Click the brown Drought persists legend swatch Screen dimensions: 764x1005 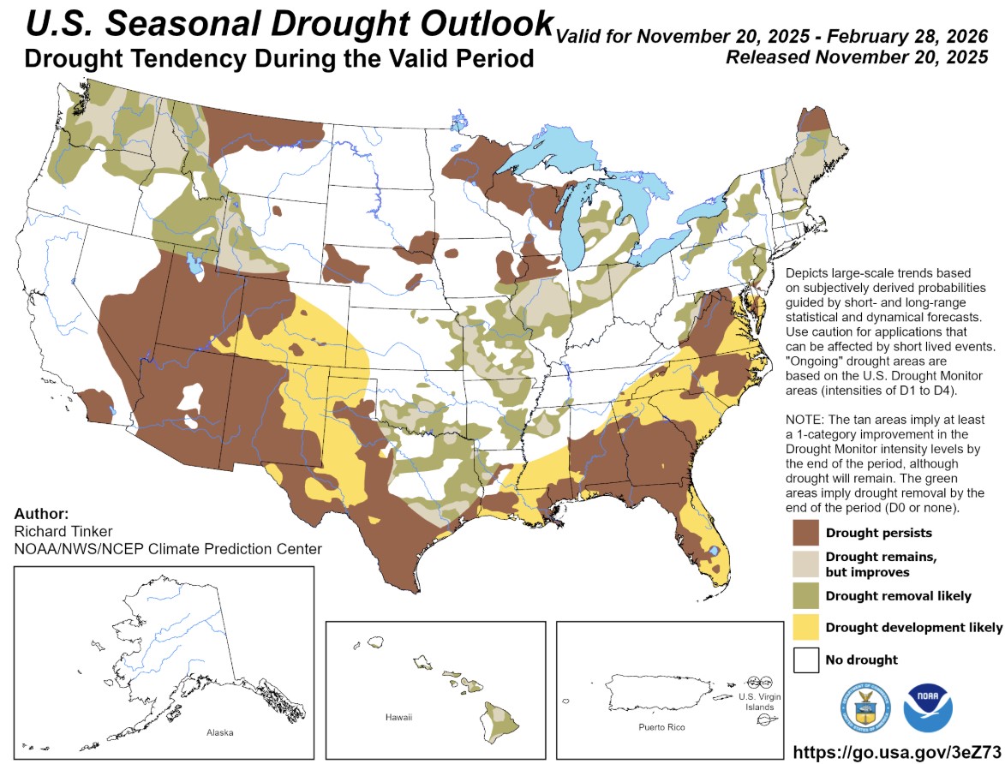tap(805, 532)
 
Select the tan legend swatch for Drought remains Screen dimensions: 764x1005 tap(805, 564)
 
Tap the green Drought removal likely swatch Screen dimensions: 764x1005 tap(805, 595)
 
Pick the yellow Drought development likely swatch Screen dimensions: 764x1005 tap(805, 627)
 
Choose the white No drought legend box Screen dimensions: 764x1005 tap(805, 660)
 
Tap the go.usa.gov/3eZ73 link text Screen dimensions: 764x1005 tap(897, 751)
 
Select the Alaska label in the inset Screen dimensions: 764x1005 tap(220, 733)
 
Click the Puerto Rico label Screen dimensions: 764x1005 tap(662, 726)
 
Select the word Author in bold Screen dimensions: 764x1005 tap(41, 514)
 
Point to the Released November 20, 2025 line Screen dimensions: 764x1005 tap(857, 57)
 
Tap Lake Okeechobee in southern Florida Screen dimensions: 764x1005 tap(712, 551)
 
